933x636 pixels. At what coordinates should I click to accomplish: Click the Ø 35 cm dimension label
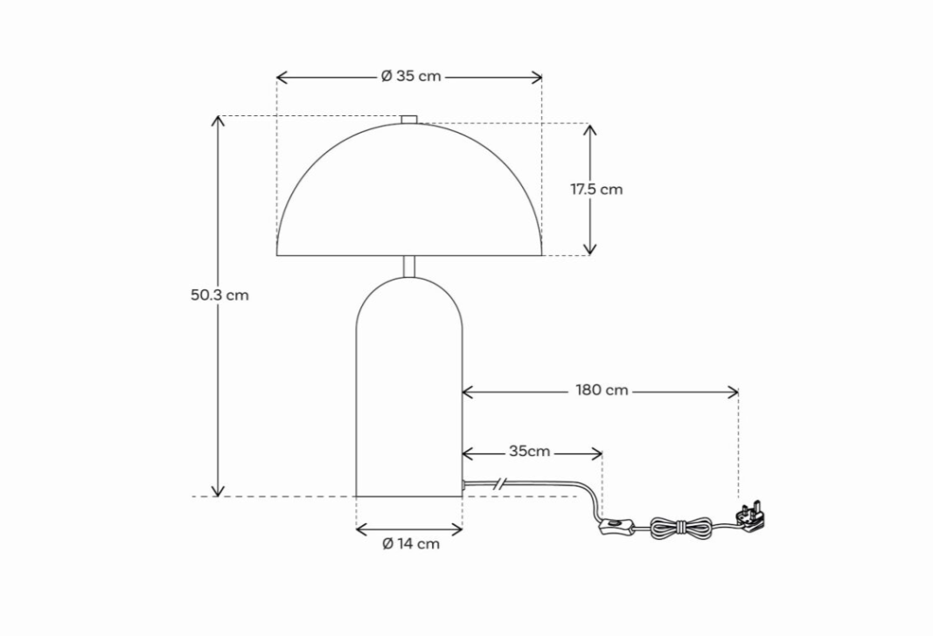pos(411,77)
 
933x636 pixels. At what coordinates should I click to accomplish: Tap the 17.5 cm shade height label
pos(597,190)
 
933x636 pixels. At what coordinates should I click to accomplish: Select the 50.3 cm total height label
pos(219,295)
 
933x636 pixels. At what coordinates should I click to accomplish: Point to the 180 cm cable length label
pos(602,391)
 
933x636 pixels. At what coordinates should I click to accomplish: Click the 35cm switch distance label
pos(529,452)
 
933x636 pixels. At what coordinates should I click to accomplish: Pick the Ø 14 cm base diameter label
pos(411,544)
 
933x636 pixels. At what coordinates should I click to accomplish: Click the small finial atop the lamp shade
pos(409,119)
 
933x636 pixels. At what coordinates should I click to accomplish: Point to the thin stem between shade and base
pos(409,266)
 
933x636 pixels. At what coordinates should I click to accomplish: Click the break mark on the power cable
pos(499,482)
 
